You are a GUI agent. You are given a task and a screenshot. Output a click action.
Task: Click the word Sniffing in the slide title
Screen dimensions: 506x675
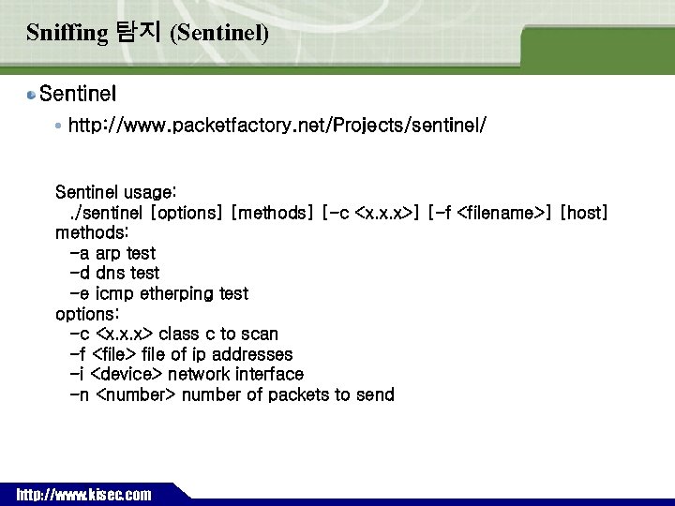pyautogui.click(x=67, y=34)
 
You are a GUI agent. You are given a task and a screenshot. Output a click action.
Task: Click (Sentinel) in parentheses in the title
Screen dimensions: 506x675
pyautogui.click(x=219, y=34)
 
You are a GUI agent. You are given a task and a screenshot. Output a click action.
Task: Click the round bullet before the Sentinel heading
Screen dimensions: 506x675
pyautogui.click(x=32, y=95)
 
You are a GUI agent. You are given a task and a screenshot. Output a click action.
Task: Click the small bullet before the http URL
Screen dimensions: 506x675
pyautogui.click(x=59, y=125)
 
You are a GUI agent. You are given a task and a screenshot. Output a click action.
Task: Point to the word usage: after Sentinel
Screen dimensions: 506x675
pyautogui.click(x=137, y=193)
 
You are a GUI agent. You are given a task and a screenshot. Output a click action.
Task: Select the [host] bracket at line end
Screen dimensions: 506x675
pyautogui.click(x=584, y=214)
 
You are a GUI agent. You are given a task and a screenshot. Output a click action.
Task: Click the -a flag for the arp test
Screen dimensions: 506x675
pyautogui.click(x=80, y=254)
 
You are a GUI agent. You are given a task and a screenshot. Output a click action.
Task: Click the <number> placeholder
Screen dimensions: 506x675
pyautogui.click(x=136, y=395)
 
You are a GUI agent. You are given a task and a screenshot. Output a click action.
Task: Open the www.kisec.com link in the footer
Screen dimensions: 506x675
pyautogui.click(x=83, y=495)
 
